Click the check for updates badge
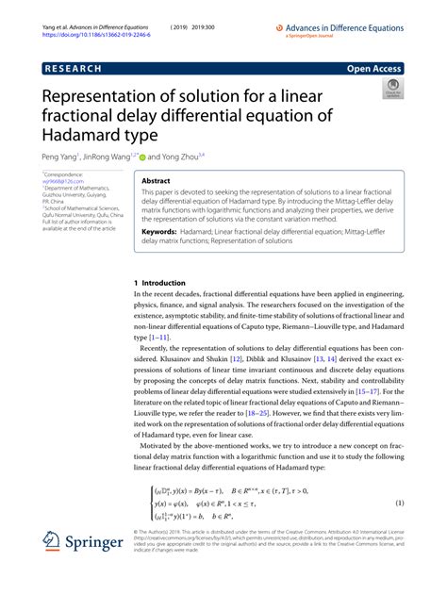pyautogui.click(x=391, y=90)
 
